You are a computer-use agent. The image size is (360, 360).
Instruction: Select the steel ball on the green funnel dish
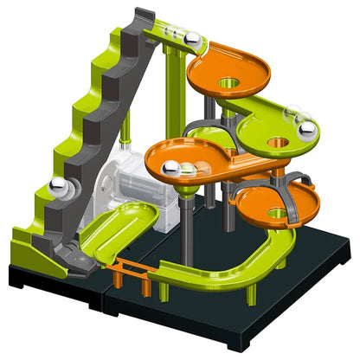coord(306,132)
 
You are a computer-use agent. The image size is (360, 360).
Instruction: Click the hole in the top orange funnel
coord(228,82)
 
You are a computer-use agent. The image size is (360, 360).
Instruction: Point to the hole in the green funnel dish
coord(278,139)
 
